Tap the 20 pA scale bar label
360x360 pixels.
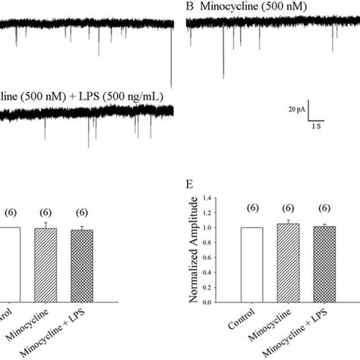298,111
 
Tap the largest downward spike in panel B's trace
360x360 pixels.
223,74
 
